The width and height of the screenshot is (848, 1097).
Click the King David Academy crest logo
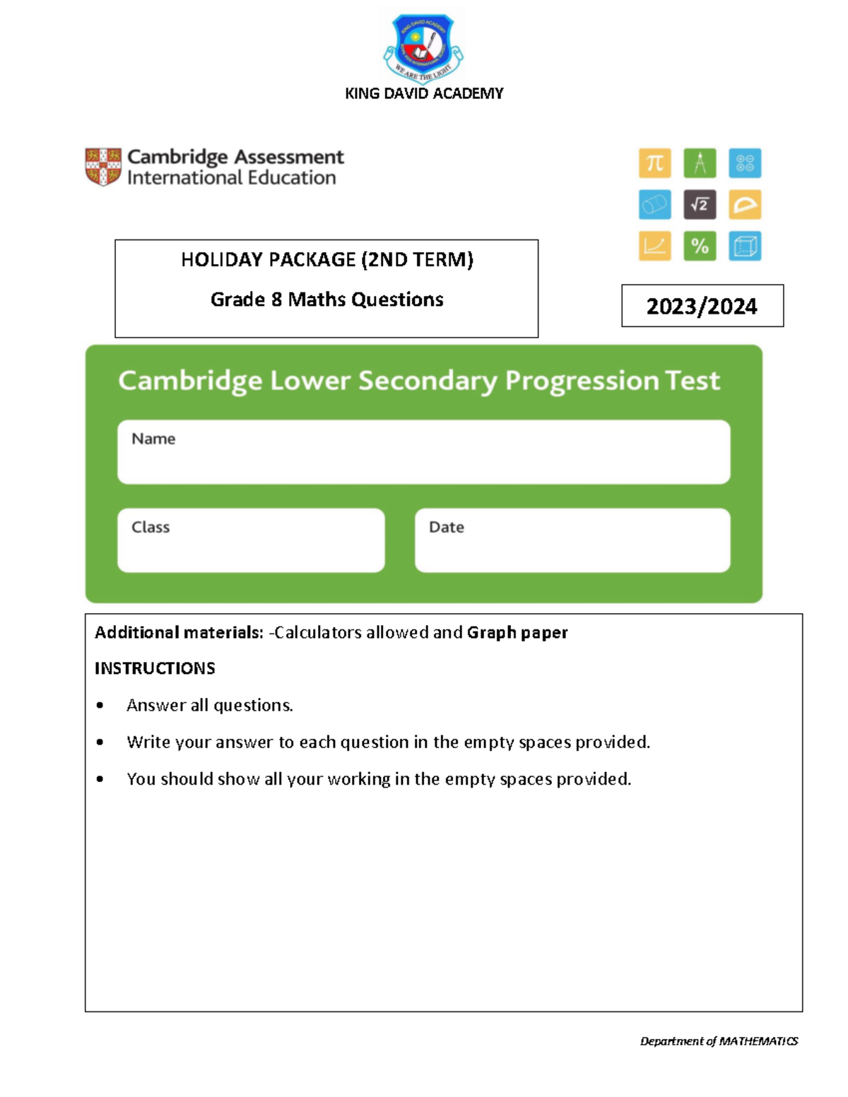[423, 48]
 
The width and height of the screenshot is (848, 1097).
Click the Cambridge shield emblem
[103, 167]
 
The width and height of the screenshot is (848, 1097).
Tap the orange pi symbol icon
[655, 163]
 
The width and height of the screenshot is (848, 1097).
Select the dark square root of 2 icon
[700, 205]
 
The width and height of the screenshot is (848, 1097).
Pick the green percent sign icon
[700, 246]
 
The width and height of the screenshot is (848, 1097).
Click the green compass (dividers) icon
[700, 163]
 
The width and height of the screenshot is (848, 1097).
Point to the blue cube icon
[745, 246]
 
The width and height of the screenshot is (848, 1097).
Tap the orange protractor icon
[745, 205]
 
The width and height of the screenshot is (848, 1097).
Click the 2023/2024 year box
[702, 306]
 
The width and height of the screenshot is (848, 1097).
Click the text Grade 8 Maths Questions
[326, 300]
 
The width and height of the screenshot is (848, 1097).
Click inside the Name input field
[424, 459]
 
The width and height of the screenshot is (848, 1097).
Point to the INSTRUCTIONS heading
[155, 668]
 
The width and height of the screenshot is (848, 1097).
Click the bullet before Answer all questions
[100, 705]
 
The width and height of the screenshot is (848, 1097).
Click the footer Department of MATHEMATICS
[719, 1040]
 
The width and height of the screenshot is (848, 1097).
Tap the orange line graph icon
[655, 246]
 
